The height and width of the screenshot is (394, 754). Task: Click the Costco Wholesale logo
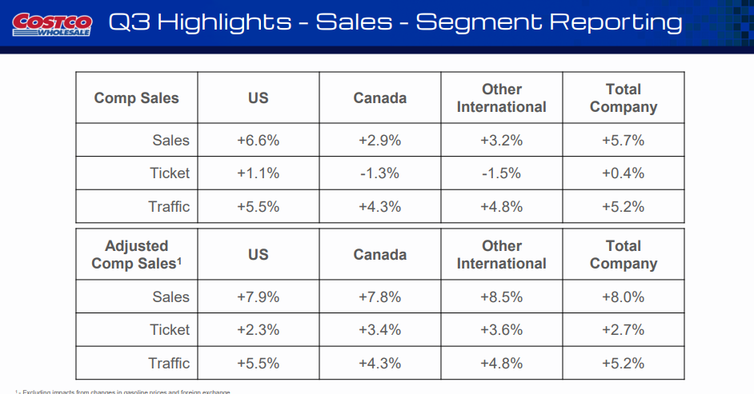(x=53, y=23)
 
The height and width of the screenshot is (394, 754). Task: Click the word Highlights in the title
(x=224, y=22)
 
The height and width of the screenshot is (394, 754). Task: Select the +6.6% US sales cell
(x=258, y=141)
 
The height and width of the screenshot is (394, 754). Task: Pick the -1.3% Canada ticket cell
(x=379, y=173)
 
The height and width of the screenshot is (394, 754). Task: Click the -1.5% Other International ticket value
(x=501, y=173)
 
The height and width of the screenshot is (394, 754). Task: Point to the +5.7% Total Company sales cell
(x=623, y=141)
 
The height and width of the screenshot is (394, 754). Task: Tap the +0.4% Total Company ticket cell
(x=623, y=173)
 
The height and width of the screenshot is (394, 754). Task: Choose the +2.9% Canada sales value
(x=379, y=141)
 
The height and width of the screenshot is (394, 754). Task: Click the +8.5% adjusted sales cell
(x=501, y=297)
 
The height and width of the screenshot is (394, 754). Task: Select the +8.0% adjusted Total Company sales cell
(x=623, y=297)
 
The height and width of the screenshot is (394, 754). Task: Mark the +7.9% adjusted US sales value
(x=258, y=297)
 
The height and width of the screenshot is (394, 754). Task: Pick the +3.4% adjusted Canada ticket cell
(x=379, y=330)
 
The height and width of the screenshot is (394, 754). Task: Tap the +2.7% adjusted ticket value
(x=623, y=330)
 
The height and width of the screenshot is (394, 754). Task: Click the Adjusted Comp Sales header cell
(x=136, y=255)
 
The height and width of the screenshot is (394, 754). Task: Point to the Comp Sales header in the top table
(x=136, y=98)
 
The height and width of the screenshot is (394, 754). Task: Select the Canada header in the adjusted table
(x=379, y=255)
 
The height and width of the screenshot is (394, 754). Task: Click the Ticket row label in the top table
(x=170, y=173)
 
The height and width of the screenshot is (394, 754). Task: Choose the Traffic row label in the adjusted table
(x=169, y=364)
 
